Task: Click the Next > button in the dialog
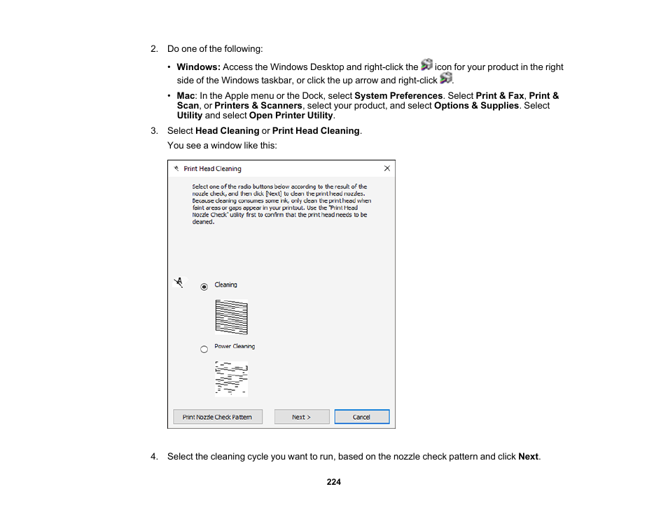(302, 417)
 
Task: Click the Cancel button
(361, 417)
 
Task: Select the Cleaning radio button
(204, 287)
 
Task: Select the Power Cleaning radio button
(204, 348)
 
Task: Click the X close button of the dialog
(387, 168)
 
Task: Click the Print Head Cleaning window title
(212, 169)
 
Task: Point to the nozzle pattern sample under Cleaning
(231, 317)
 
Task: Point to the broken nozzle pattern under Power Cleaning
(231, 379)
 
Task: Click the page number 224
(334, 482)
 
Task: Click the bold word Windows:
(198, 67)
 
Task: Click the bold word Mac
(186, 96)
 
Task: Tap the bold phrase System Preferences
(398, 96)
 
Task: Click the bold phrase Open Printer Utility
(291, 116)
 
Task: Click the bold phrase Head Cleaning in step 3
(227, 131)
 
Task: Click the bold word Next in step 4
(528, 457)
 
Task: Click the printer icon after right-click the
(426, 65)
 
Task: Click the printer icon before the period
(445, 78)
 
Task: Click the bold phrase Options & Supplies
(476, 106)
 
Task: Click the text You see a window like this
(222, 146)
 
